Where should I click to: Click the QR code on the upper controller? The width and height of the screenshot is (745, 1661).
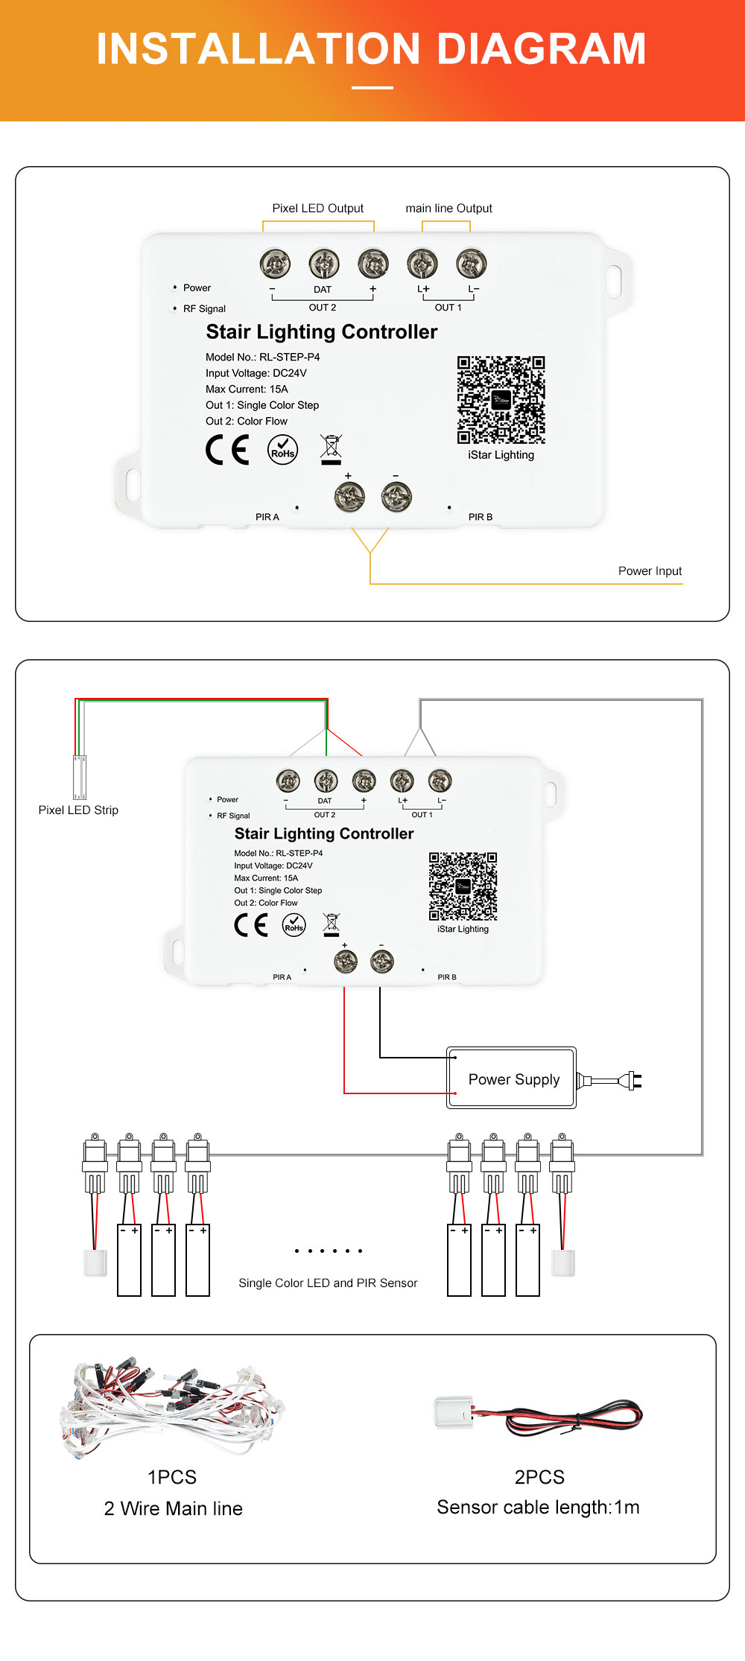pyautogui.click(x=501, y=400)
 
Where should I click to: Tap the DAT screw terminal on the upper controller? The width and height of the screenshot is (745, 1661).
pyautogui.click(x=324, y=263)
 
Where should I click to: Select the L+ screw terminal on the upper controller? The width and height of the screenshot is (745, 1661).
pyautogui.click(x=422, y=263)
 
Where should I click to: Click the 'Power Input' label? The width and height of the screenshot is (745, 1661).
pyautogui.click(x=650, y=571)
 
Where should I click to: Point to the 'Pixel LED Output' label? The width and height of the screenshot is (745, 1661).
pyautogui.click(x=318, y=209)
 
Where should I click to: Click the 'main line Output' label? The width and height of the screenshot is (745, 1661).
pyautogui.click(x=448, y=209)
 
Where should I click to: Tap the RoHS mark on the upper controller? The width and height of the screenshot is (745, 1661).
pyautogui.click(x=282, y=450)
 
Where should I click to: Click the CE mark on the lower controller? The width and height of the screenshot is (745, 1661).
pyautogui.click(x=251, y=924)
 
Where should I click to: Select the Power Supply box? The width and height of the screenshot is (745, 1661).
pyautogui.click(x=512, y=1078)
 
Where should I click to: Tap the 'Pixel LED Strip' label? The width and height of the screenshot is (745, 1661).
pyautogui.click(x=78, y=810)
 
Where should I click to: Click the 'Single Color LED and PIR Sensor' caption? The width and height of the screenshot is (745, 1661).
pyautogui.click(x=328, y=1283)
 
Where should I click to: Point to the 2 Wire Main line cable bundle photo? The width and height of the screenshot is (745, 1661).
pyautogui.click(x=171, y=1405)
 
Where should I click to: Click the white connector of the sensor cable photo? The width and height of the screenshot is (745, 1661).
pyautogui.click(x=454, y=1412)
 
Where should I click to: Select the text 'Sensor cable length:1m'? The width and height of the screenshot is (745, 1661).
pyautogui.click(x=538, y=1507)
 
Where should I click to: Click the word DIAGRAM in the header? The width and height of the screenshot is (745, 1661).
pyautogui.click(x=541, y=49)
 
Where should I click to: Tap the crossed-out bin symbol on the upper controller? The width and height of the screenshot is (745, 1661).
pyautogui.click(x=331, y=449)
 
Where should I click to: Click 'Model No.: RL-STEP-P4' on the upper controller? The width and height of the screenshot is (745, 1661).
pyautogui.click(x=262, y=357)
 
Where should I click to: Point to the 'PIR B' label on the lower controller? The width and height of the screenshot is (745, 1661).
pyautogui.click(x=447, y=976)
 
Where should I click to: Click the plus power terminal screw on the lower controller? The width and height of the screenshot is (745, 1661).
pyautogui.click(x=346, y=962)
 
